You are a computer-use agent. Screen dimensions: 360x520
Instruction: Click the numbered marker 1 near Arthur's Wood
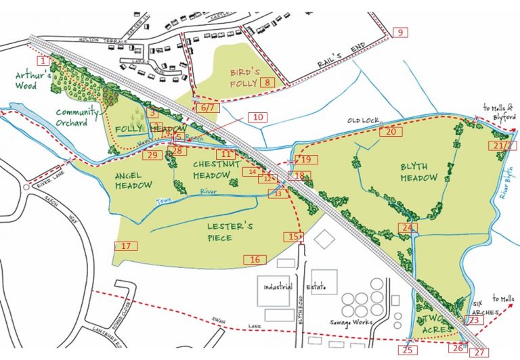(43, 60)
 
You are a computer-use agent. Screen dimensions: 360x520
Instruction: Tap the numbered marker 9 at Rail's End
(399, 32)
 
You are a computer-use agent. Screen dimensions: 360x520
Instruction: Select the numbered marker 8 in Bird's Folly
(267, 83)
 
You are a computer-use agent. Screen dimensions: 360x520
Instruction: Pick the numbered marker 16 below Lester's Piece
(255, 259)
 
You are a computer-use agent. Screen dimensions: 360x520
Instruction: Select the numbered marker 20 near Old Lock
(391, 132)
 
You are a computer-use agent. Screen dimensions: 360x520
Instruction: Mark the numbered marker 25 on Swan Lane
(407, 350)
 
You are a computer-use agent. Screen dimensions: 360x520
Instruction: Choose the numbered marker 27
(479, 353)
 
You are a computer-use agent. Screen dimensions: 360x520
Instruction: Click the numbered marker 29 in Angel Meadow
(152, 156)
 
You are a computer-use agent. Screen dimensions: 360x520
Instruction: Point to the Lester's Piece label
(221, 231)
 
